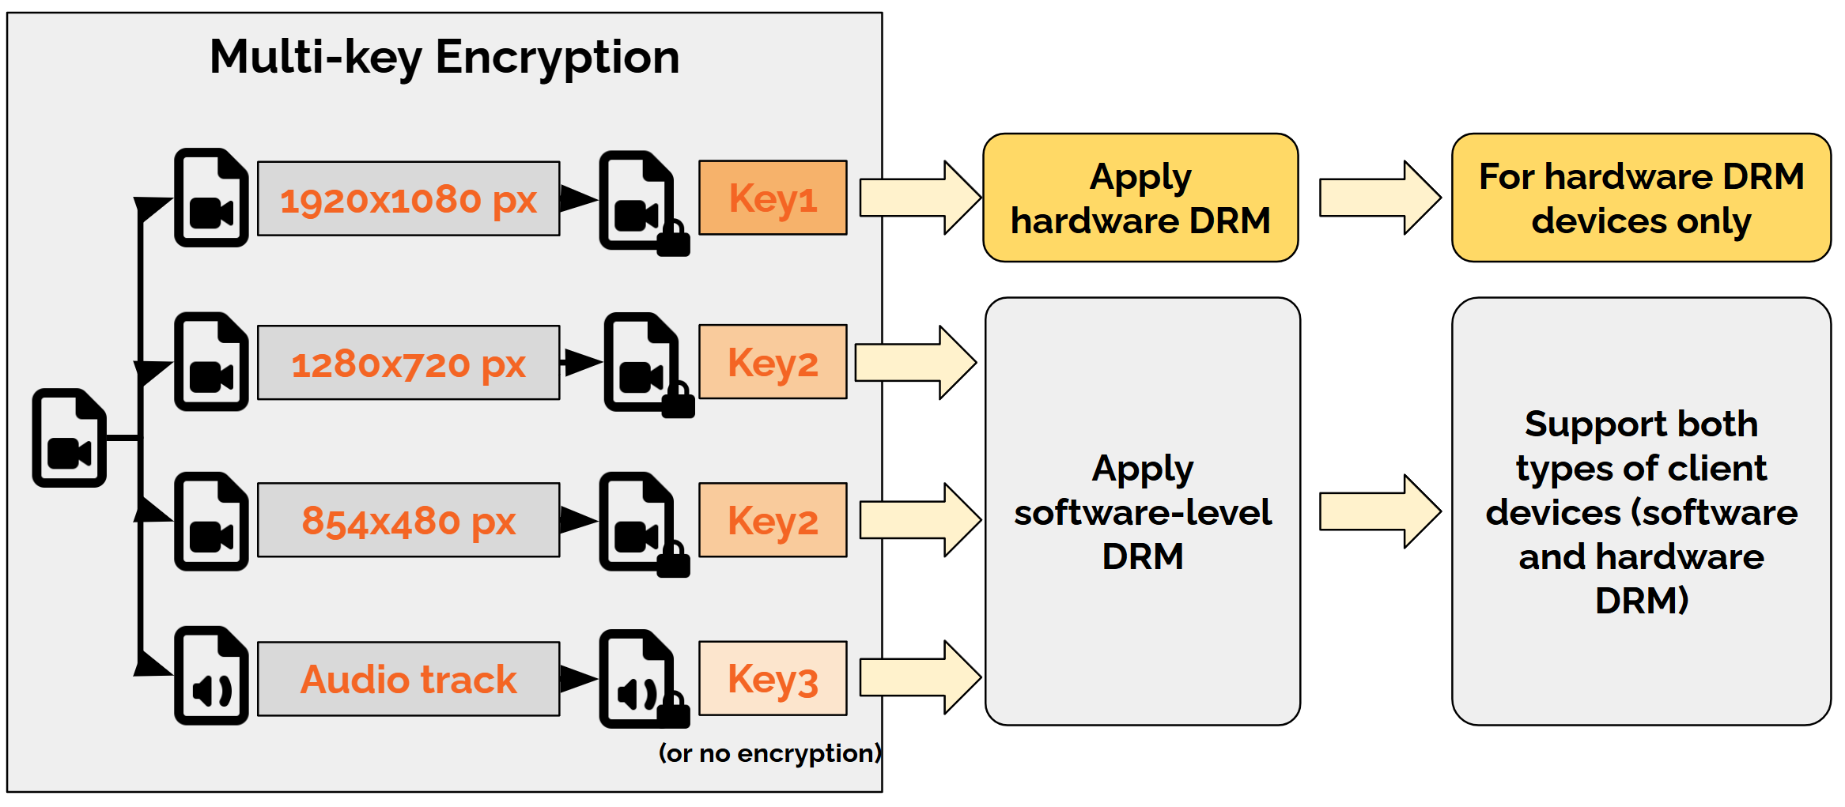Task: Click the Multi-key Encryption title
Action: [x=444, y=58]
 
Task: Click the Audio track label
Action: [x=408, y=679]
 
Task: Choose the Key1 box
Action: [x=773, y=198]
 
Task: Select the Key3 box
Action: [x=773, y=678]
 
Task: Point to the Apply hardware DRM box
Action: [x=1140, y=198]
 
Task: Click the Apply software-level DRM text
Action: [x=1143, y=512]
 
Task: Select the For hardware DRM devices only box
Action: [x=1641, y=198]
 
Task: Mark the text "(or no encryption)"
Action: [x=769, y=753]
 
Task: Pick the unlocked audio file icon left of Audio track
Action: [x=211, y=676]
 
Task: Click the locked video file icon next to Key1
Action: [x=639, y=201]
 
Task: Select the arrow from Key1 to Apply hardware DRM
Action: [x=920, y=198]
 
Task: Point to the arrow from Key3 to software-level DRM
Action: [x=920, y=677]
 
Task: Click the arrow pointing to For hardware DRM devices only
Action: [x=1379, y=198]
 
